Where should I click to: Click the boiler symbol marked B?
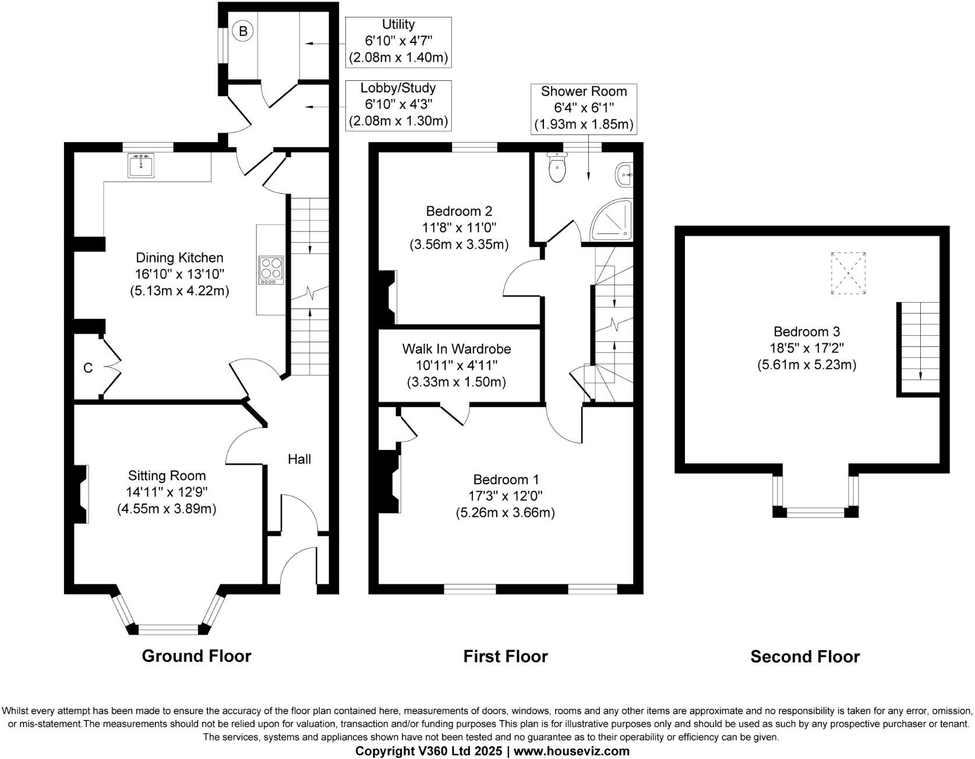tap(243, 31)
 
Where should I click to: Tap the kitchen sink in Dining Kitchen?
tap(141, 165)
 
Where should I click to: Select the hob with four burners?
tap(271, 270)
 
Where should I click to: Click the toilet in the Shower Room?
tap(557, 169)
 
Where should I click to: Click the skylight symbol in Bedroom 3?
tap(848, 272)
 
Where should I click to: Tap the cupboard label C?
tap(88, 368)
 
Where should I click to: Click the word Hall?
tap(299, 459)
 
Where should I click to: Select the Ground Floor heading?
tap(196, 656)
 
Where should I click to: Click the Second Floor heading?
tap(805, 657)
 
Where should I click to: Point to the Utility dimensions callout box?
tap(398, 41)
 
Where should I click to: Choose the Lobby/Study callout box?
tap(398, 105)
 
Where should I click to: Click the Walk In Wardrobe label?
tap(457, 349)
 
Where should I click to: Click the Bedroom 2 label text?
tap(459, 211)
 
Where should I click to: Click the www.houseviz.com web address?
tap(571, 751)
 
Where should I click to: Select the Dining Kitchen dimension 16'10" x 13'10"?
tap(179, 274)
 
